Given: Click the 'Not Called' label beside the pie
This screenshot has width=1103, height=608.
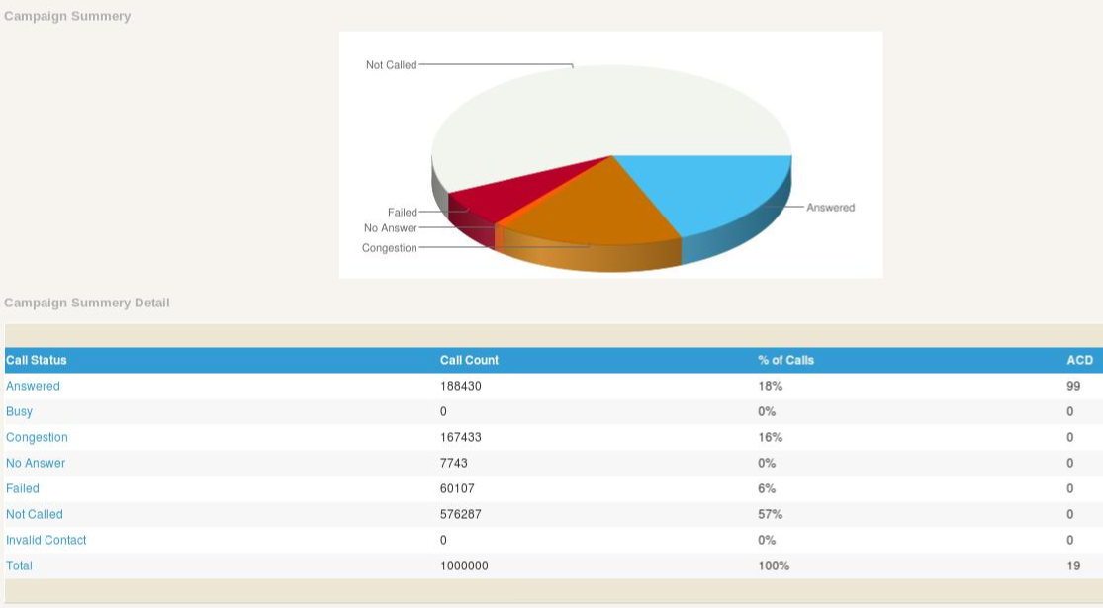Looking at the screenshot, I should tap(391, 65).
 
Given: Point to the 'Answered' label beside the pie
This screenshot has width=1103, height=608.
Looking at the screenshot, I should tap(830, 208).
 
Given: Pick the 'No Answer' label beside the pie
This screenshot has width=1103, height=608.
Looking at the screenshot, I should tap(390, 228).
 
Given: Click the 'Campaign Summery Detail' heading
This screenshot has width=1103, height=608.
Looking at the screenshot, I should tap(87, 303).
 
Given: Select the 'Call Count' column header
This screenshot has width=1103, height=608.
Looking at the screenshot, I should tap(469, 360).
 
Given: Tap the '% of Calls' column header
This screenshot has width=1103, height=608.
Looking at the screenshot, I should tap(785, 360).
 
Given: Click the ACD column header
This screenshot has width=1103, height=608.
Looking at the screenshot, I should tap(1079, 360).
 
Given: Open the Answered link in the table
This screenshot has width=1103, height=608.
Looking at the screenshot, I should tap(33, 386).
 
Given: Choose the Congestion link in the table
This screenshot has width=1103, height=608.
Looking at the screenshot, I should tap(37, 437).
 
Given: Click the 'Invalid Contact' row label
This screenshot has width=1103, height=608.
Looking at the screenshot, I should tap(46, 540).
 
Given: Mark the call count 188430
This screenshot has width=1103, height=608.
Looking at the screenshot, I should tap(460, 386).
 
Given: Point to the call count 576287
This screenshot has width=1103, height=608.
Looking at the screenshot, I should tap(460, 514).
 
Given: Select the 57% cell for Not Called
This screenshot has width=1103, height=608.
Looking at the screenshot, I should tap(770, 514).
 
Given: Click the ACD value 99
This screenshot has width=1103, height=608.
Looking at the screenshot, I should tap(1073, 386).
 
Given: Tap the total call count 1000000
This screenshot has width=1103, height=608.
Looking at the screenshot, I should tap(464, 565).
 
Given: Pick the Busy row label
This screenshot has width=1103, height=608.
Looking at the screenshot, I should tap(19, 411).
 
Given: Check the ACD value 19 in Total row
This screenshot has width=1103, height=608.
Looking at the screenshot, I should tap(1073, 565).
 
